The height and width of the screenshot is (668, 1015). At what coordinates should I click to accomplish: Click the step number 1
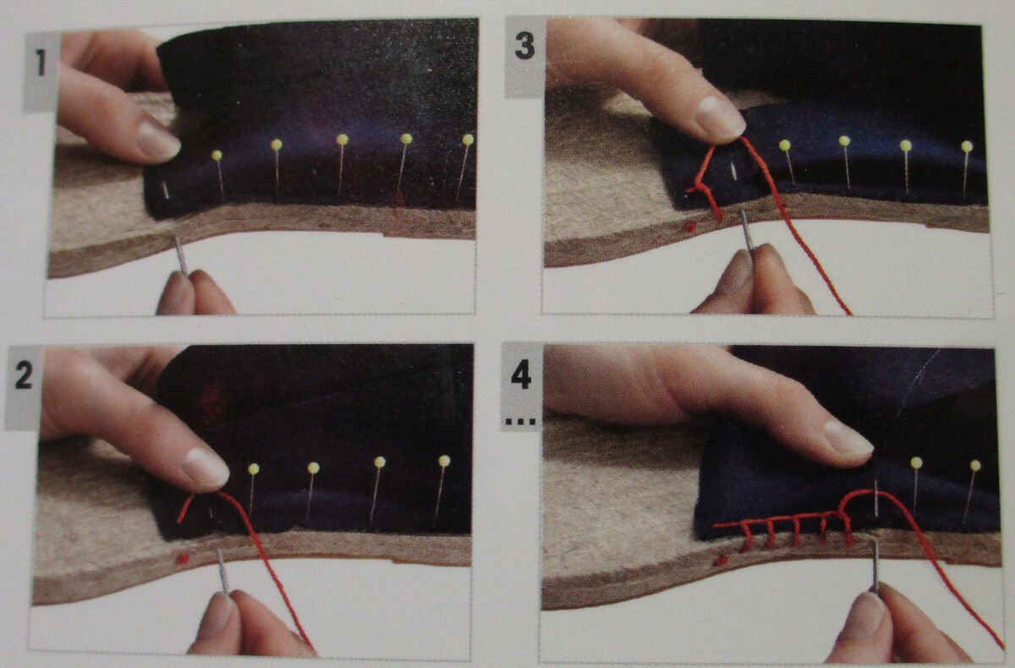click(41, 63)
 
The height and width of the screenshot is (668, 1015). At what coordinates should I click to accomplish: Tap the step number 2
click(24, 376)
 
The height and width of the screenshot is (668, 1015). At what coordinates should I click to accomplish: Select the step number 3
click(524, 47)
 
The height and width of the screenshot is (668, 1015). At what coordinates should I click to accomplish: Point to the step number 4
click(521, 375)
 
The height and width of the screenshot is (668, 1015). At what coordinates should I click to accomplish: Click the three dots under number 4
click(521, 422)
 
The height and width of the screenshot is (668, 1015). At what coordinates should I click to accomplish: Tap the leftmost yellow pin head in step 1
click(217, 156)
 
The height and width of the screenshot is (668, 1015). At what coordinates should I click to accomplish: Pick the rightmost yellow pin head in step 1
click(468, 140)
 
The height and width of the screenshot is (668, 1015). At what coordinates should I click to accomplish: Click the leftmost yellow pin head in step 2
click(253, 468)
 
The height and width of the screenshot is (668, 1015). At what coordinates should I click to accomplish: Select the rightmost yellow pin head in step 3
click(967, 146)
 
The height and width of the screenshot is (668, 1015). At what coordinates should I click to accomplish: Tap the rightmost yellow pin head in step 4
click(975, 465)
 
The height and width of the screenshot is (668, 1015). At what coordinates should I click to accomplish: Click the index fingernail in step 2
click(206, 468)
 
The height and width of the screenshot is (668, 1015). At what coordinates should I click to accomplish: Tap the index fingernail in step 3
click(720, 118)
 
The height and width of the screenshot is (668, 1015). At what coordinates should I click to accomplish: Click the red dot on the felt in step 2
click(183, 559)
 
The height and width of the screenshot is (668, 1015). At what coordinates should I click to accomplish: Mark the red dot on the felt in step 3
click(689, 227)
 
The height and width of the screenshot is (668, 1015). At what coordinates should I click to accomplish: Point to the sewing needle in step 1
click(181, 255)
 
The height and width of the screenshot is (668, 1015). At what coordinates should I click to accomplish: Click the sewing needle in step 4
click(875, 566)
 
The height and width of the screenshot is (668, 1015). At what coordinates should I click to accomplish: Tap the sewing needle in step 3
click(747, 233)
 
